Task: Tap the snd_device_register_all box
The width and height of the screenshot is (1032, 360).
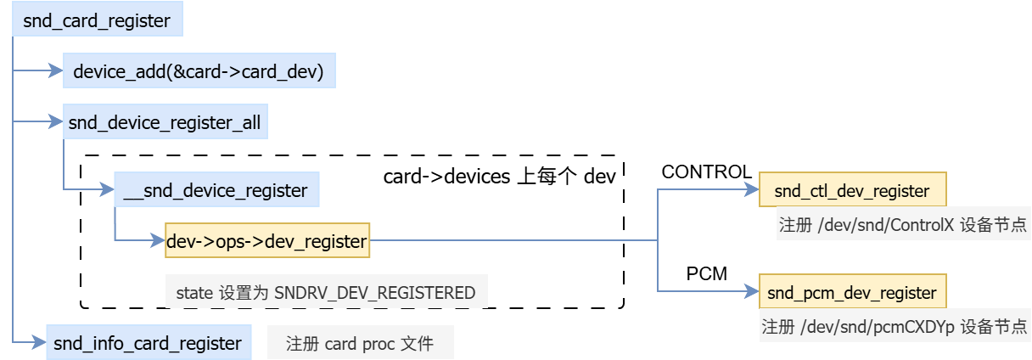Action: pos(166,124)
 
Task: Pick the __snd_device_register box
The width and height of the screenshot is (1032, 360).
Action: pos(216,190)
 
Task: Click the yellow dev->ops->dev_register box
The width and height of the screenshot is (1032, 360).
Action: pos(266,242)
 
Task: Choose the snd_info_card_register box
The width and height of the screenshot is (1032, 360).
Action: pos(148,343)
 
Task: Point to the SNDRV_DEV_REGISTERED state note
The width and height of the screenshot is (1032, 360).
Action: pos(327,293)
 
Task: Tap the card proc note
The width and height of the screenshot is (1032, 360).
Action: pos(360,344)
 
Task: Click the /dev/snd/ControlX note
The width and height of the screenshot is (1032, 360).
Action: pos(903,227)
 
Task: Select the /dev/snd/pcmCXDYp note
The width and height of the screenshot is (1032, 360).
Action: pos(895,327)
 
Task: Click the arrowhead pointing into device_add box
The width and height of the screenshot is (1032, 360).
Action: pos(57,72)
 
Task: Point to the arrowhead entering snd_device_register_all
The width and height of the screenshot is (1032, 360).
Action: pos(58,123)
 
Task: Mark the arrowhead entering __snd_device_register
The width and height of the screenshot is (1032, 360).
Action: pos(108,190)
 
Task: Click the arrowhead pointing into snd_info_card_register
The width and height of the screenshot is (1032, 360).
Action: pos(38,343)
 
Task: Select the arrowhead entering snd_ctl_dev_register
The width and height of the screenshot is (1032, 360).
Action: pos(753,191)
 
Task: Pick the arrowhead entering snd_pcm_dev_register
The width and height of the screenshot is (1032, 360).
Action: pos(753,293)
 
